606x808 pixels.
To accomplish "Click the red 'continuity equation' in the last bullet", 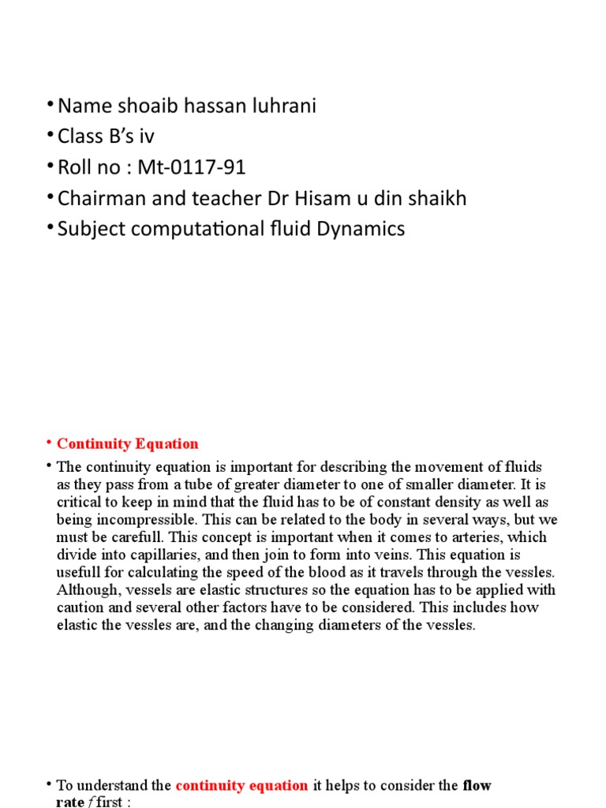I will pyautogui.click(x=242, y=785).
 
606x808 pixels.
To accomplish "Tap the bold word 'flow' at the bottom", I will pyautogui.click(x=477, y=785).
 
